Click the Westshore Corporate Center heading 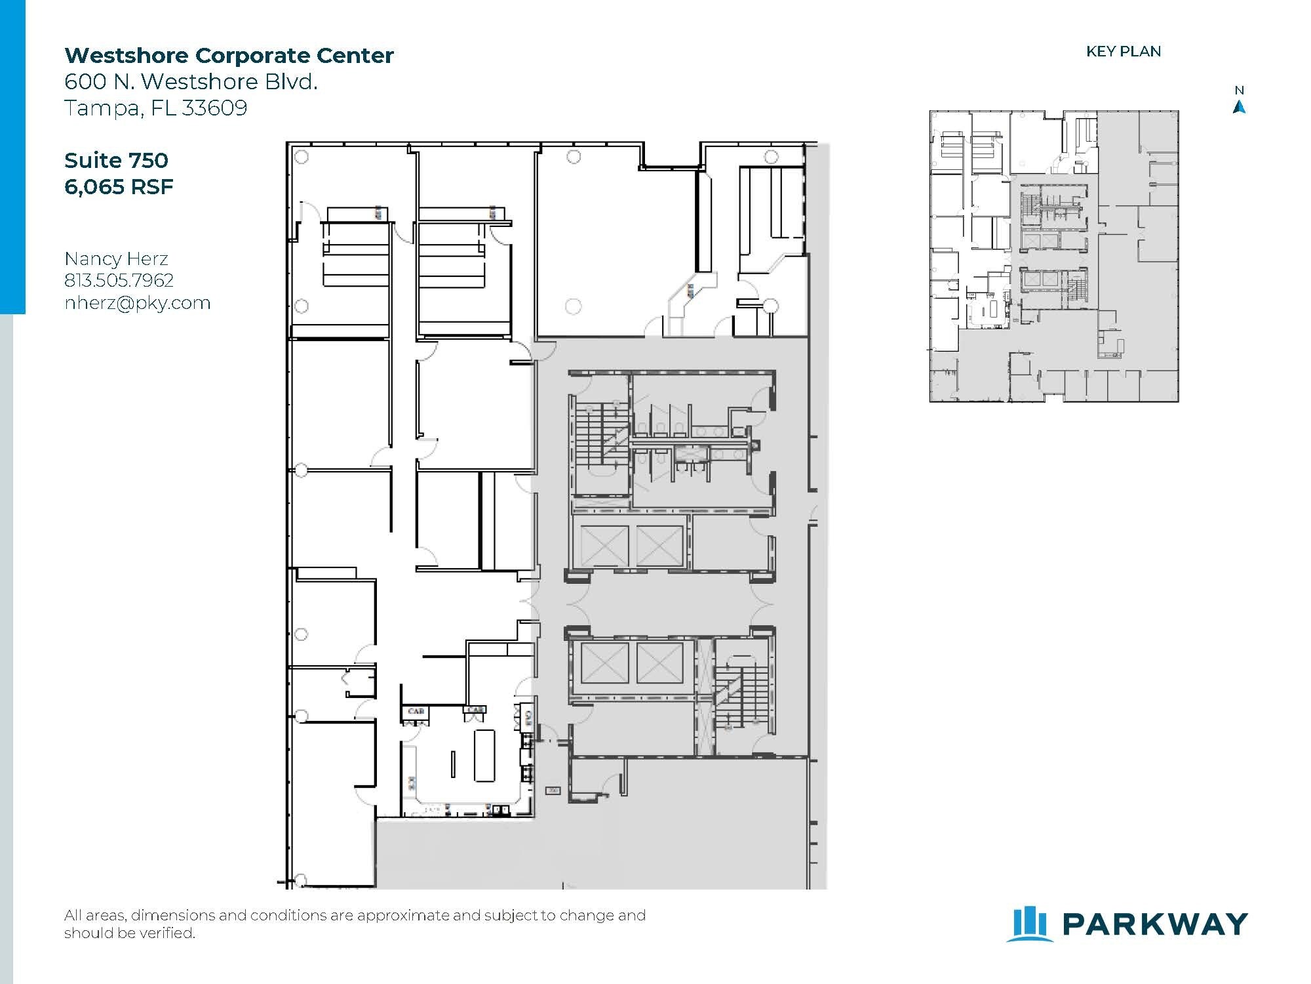pyautogui.click(x=229, y=55)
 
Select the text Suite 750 pyautogui.click(x=116, y=160)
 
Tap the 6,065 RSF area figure pyautogui.click(x=119, y=187)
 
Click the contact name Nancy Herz pyautogui.click(x=116, y=258)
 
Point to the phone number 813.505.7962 pyautogui.click(x=119, y=281)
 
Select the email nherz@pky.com pyautogui.click(x=137, y=303)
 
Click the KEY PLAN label pyautogui.click(x=1123, y=51)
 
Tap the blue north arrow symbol pyautogui.click(x=1239, y=107)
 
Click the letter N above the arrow pyautogui.click(x=1239, y=91)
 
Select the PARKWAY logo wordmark pyautogui.click(x=1154, y=924)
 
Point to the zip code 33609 pyautogui.click(x=214, y=108)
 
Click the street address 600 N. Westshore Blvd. pyautogui.click(x=191, y=81)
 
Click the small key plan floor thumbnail pyautogui.click(x=1053, y=256)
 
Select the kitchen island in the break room pyautogui.click(x=484, y=754)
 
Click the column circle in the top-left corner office pyautogui.click(x=302, y=157)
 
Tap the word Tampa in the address pyautogui.click(x=100, y=108)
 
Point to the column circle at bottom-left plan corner pyautogui.click(x=301, y=880)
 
